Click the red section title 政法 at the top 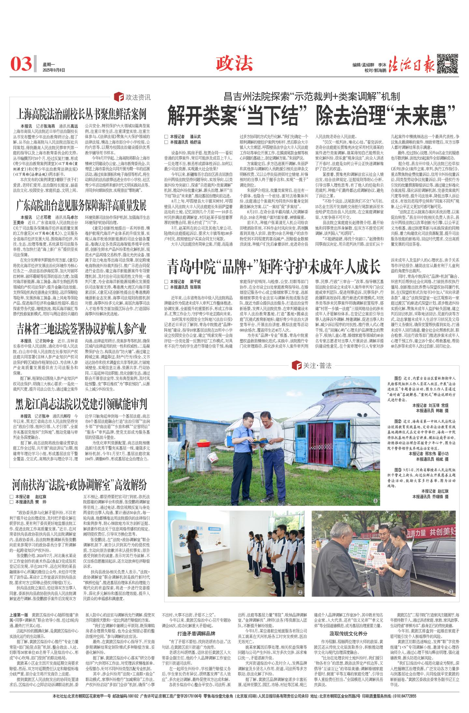[234, 63]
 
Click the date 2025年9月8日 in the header [54, 70]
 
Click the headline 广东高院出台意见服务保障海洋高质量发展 [81, 206]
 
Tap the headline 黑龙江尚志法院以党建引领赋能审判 [81, 404]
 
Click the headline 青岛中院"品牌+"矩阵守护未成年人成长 [274, 267]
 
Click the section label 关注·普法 [313, 366]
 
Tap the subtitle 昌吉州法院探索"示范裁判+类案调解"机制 [312, 96]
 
